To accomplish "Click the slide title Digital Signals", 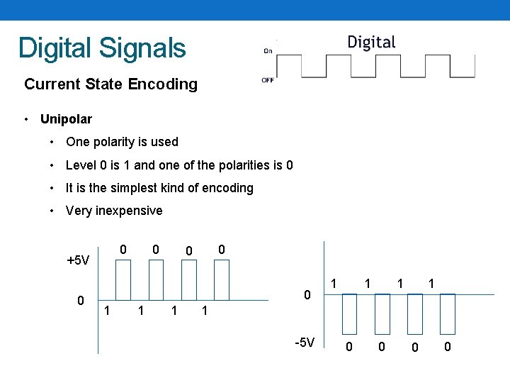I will click(102, 48).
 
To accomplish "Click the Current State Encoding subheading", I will click(110, 84).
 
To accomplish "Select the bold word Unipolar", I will click(66, 118).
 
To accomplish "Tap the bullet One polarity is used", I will click(122, 142).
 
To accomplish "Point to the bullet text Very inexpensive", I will click(113, 211).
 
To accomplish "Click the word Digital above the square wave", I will click(371, 43).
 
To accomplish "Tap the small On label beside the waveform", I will click(268, 50).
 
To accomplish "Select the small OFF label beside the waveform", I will click(268, 80).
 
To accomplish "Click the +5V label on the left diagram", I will click(78, 260).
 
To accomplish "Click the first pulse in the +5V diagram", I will click(123, 280).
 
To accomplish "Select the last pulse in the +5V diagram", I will click(221, 280).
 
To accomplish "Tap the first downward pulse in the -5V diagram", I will click(349, 313).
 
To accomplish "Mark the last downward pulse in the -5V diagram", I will click(447, 313).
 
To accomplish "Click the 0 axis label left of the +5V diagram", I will click(81, 301).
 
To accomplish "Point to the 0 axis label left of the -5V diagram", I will click(307, 294).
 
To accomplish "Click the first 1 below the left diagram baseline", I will click(106, 310).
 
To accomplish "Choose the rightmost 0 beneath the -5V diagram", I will click(447, 347).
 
